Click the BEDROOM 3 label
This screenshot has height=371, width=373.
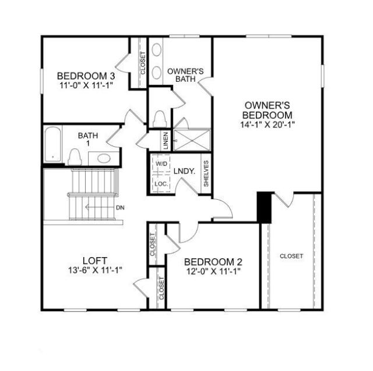click(85, 75)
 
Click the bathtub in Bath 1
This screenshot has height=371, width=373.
click(52, 144)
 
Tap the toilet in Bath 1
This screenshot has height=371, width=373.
click(74, 157)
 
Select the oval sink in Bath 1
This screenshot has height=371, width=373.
click(103, 158)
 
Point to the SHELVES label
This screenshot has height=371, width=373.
click(206, 174)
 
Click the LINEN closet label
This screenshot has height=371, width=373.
click(166, 141)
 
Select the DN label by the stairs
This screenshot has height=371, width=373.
click(119, 207)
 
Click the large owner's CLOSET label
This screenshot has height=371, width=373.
click(291, 256)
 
